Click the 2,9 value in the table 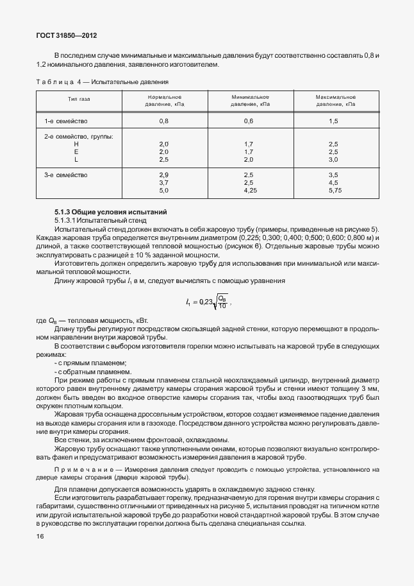pos(163,175)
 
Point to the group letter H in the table pos(76,144)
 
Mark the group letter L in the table pos(76,160)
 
